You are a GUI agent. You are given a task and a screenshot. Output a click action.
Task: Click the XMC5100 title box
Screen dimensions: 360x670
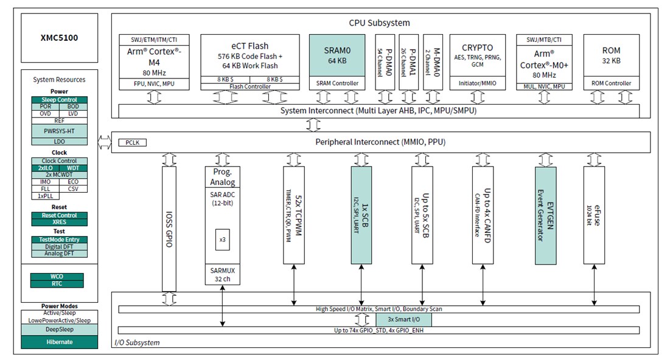pos(59,38)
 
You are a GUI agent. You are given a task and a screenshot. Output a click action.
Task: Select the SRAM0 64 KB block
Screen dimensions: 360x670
pos(337,55)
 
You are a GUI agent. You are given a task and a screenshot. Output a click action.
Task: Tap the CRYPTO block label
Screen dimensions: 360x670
pos(477,47)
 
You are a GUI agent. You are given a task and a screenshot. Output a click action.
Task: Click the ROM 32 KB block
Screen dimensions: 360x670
pos(611,55)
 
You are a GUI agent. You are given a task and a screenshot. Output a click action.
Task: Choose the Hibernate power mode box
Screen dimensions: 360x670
pos(59,342)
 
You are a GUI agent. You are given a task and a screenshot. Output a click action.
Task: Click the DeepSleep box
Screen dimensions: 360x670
pos(59,329)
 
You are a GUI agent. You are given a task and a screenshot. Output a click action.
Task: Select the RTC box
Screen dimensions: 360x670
pos(57,283)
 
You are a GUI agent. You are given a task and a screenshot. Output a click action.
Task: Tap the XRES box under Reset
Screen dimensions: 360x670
pos(59,222)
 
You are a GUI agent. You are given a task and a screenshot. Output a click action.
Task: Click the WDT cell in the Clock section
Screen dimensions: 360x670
pos(72,167)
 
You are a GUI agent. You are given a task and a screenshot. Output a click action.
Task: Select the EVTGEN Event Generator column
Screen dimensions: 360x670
pos(546,215)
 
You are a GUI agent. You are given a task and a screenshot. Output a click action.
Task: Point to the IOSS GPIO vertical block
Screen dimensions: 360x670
pos(170,229)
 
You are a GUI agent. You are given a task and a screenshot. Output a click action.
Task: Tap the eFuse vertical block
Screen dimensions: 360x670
pos(595,215)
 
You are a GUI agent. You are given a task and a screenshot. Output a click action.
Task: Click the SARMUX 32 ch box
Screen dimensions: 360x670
pos(222,275)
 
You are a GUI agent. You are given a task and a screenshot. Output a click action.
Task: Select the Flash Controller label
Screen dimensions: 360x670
pos(250,86)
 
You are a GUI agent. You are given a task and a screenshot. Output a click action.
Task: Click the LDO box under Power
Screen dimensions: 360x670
pos(59,141)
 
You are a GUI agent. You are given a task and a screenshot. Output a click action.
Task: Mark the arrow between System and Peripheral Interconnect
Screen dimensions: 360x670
pos(314,125)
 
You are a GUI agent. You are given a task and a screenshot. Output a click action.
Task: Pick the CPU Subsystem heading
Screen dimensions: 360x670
pos(379,23)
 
